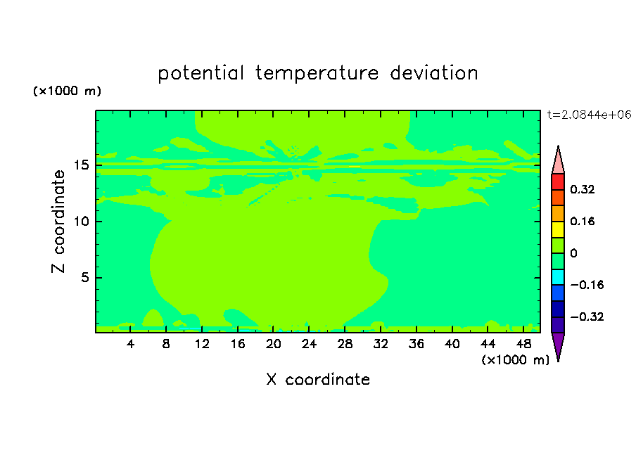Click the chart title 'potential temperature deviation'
tap(317, 73)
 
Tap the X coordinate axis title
tap(318, 379)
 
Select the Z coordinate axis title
tap(58, 222)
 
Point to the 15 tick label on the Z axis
tap(82, 165)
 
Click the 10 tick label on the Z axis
tap(82, 222)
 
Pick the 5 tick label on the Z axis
tap(85, 277)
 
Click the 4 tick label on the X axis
tap(130, 344)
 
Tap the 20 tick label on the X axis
tap(274, 344)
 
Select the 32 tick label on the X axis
tap(381, 344)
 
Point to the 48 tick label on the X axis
tap(523, 344)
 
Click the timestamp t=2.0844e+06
tap(589, 115)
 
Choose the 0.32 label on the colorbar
tap(582, 189)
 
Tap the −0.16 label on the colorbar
tap(587, 285)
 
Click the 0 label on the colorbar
tap(573, 253)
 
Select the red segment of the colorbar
tap(558, 181)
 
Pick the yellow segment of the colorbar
tap(558, 229)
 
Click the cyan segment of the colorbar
tap(558, 277)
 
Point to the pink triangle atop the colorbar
tap(558, 162)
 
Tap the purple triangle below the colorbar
tap(558, 345)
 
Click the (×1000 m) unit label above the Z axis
tap(67, 91)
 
